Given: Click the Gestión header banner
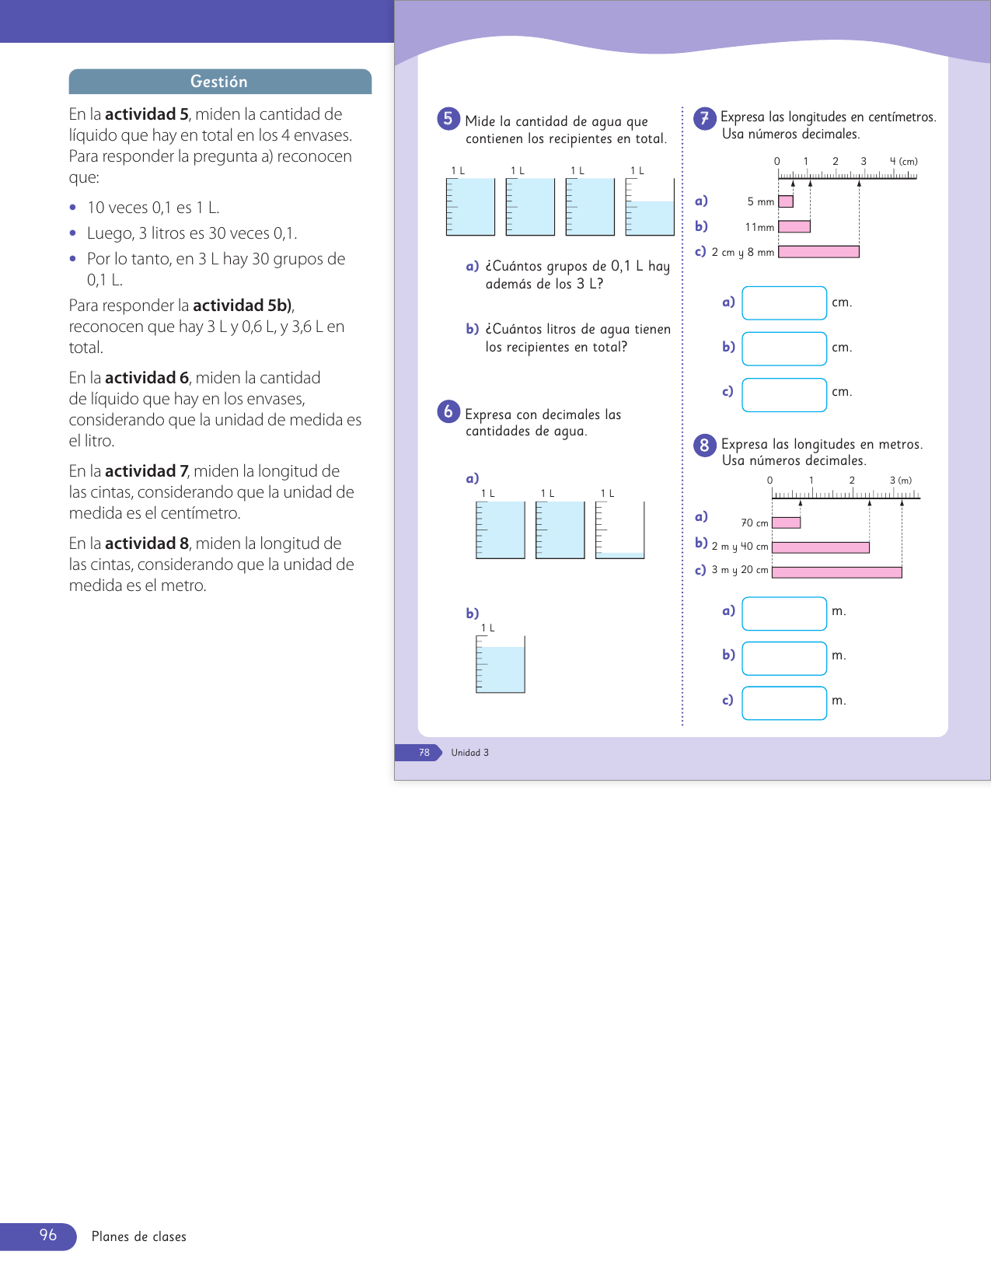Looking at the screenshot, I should [219, 82].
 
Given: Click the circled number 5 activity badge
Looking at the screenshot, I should [448, 119].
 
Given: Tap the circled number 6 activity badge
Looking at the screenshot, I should [448, 411].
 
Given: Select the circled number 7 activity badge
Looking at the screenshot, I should [704, 118].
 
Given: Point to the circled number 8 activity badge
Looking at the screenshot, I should [704, 445].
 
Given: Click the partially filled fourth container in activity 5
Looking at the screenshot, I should [650, 208].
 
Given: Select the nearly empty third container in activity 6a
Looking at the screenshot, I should [619, 530].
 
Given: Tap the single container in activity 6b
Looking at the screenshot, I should [501, 665].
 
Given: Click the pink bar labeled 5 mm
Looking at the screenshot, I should [786, 201].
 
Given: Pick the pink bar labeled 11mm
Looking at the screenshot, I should [794, 226].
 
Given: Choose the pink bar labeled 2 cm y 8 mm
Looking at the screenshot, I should [818, 252].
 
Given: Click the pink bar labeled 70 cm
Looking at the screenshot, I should [787, 523].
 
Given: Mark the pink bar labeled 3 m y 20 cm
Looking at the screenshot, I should [837, 572].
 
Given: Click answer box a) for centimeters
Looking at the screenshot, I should [784, 303].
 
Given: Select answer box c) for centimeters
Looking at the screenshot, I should [784, 395].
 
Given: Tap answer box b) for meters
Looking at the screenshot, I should [784, 659].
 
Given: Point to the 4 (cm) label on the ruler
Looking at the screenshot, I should [904, 162].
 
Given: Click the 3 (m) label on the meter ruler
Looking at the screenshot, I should [901, 481].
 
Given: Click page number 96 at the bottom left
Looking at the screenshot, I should [48, 1236].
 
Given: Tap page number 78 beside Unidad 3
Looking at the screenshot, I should [424, 753].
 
